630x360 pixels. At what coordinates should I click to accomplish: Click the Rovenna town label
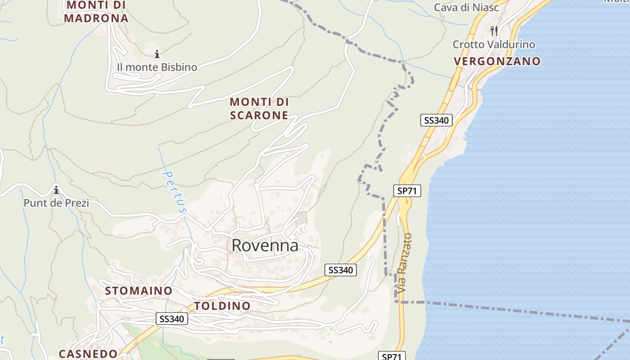[x=265, y=246]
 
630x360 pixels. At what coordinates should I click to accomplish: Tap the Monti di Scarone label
[x=259, y=108]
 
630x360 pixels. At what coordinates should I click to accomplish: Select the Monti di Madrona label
[x=96, y=12]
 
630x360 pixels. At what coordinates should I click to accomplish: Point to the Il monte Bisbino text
[x=157, y=67]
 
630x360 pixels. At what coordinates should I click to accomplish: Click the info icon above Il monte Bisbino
[x=157, y=54]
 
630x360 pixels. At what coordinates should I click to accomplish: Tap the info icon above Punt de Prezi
[x=56, y=190]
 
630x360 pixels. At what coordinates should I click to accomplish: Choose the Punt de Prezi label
[x=56, y=203]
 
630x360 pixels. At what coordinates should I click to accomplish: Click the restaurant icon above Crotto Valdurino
[x=494, y=31]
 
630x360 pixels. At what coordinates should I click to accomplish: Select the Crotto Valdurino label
[x=494, y=45]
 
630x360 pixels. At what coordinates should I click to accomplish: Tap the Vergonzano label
[x=497, y=61]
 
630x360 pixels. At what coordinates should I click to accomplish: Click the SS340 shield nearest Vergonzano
[x=436, y=120]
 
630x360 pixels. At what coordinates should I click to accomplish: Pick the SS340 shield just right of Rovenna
[x=341, y=270]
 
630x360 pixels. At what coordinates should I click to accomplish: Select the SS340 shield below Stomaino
[x=172, y=319]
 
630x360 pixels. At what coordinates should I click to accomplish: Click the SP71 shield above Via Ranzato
[x=407, y=191]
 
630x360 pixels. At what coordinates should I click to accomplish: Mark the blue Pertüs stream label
[x=175, y=192]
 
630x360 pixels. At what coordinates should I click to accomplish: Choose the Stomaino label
[x=139, y=291]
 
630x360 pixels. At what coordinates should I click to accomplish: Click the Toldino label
[x=222, y=306]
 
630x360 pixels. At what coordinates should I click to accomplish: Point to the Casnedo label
[x=88, y=354]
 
